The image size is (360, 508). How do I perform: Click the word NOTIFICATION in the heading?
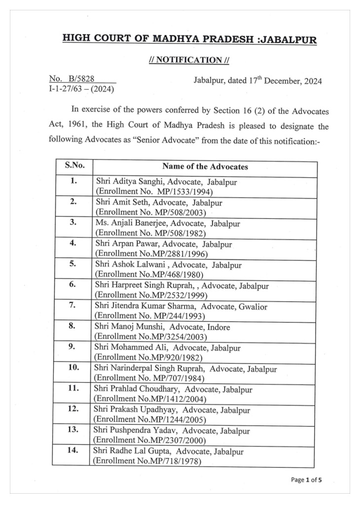(x=189, y=60)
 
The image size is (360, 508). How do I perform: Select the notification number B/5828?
(x=81, y=78)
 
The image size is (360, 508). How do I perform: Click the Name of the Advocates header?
(x=205, y=166)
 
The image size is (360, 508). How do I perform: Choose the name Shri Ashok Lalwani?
(x=128, y=265)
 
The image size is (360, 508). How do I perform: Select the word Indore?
(x=220, y=327)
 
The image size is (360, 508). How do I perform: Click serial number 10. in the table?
(x=73, y=367)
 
